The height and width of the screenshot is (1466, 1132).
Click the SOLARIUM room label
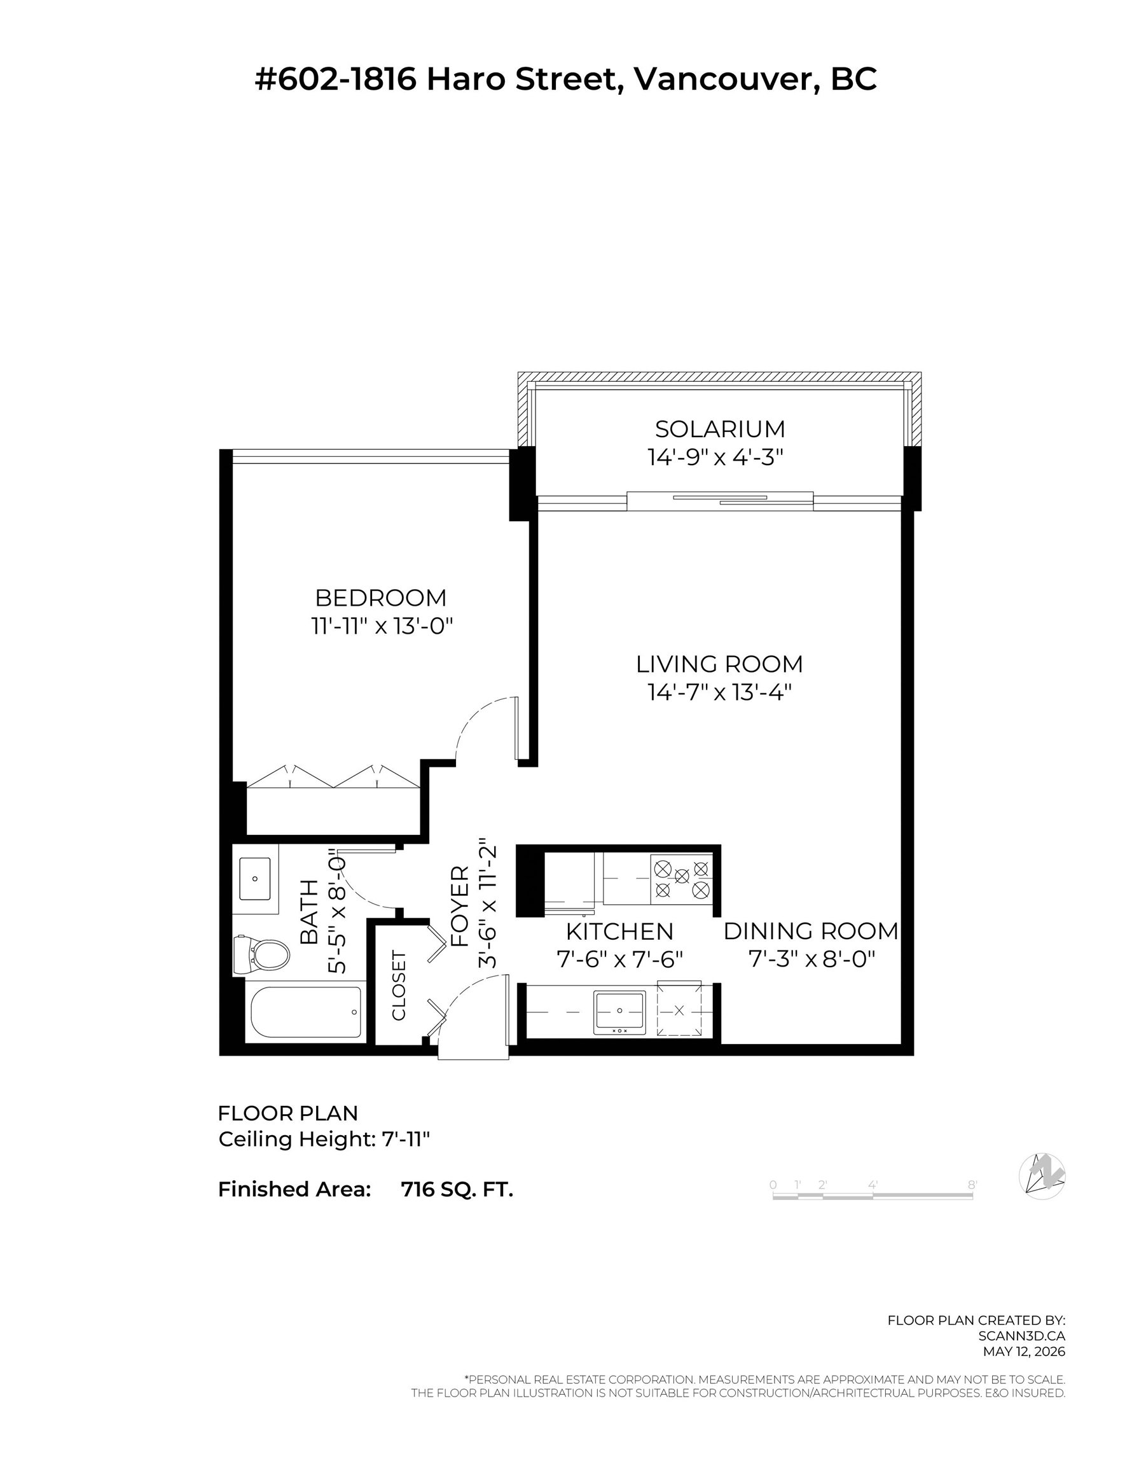(720, 429)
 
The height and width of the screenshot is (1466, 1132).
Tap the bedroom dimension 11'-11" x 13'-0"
(382, 626)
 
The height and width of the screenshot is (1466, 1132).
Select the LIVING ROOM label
(719, 664)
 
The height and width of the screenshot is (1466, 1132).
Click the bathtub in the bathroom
(306, 1012)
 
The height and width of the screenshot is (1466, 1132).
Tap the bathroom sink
(255, 879)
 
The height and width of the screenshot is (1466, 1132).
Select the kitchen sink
(619, 1012)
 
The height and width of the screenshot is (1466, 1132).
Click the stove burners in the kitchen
(682, 879)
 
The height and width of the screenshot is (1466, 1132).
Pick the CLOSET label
(399, 986)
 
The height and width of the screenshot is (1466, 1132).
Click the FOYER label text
(460, 906)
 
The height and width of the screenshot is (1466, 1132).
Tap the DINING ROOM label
(811, 932)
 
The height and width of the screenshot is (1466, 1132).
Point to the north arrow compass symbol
(1042, 1176)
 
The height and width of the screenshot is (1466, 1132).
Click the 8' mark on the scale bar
(972, 1185)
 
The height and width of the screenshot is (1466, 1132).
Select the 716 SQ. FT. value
(457, 1189)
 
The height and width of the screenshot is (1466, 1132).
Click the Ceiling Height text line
(324, 1139)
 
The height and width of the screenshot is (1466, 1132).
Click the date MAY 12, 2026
(1024, 1352)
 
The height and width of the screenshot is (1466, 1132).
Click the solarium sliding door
(720, 500)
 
